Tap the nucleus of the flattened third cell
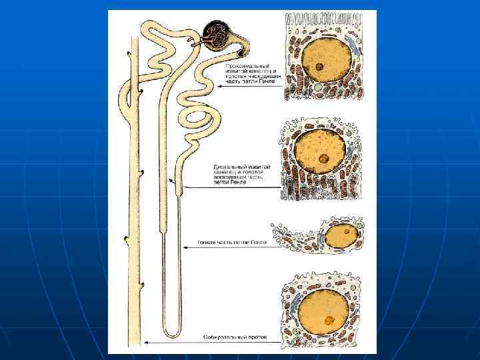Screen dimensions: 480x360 click(342, 236)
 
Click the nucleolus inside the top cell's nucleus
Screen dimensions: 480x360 click(321, 67)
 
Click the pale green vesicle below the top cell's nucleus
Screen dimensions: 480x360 click(319, 87)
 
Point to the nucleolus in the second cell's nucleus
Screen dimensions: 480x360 click(323, 159)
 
